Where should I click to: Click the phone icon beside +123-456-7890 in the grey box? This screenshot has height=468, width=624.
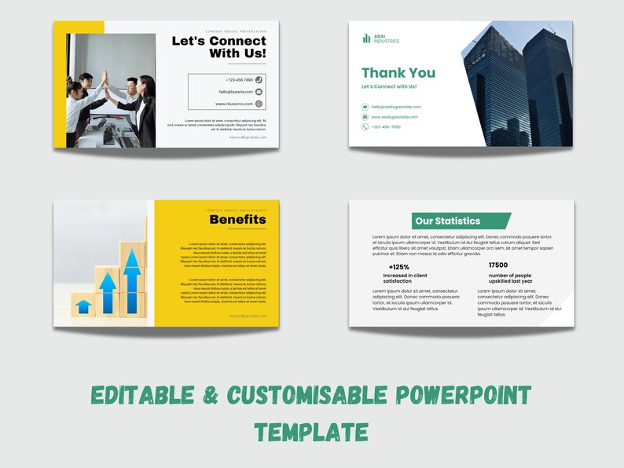pyautogui.click(x=259, y=79)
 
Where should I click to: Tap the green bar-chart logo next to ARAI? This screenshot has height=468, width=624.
pyautogui.click(x=366, y=38)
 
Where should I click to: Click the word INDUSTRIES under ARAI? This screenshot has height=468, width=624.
pyautogui.click(x=387, y=41)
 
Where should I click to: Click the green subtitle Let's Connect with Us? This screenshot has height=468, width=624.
pyautogui.click(x=389, y=86)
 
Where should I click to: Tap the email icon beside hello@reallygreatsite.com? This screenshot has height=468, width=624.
pyautogui.click(x=365, y=107)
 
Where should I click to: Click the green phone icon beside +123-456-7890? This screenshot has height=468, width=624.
pyautogui.click(x=365, y=126)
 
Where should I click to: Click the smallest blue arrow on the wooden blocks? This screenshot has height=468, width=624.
pyautogui.click(x=83, y=305)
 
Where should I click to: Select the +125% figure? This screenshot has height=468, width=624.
pyautogui.click(x=399, y=267)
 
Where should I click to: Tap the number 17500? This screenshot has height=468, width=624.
pyautogui.click(x=498, y=265)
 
